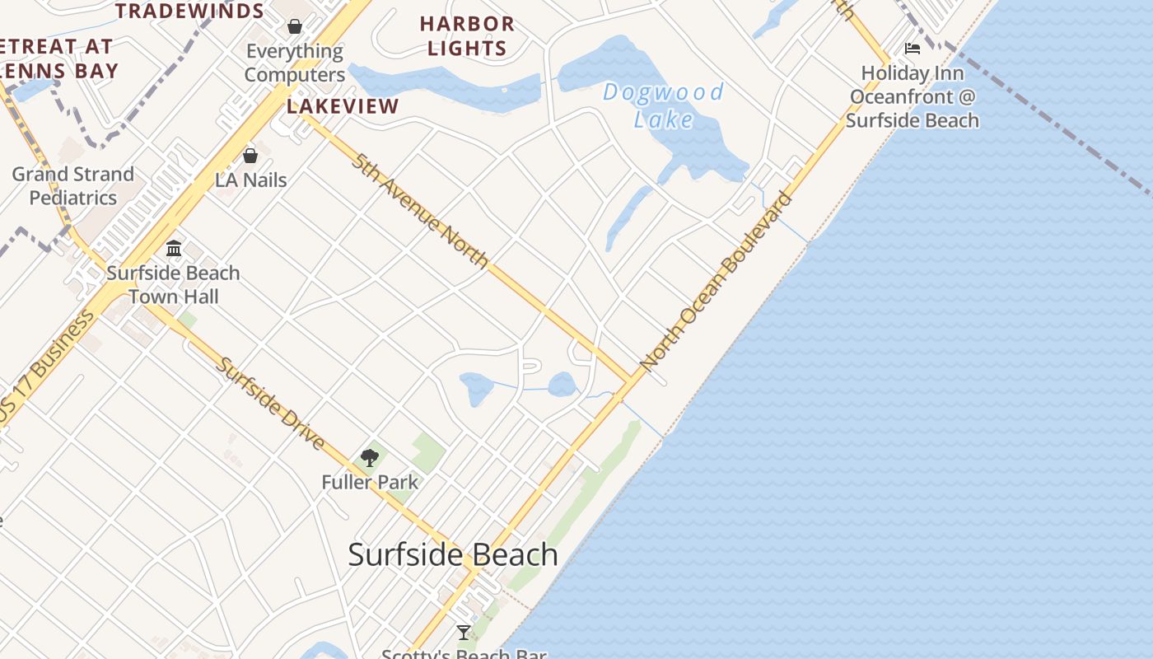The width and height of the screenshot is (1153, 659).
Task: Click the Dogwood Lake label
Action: click(x=664, y=105)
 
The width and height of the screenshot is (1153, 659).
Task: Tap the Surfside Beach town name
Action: click(x=453, y=554)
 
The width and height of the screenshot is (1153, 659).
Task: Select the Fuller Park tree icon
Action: click(x=370, y=458)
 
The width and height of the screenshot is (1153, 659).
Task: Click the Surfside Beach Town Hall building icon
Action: click(x=174, y=248)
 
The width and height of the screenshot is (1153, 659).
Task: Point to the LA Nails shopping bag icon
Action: click(x=250, y=156)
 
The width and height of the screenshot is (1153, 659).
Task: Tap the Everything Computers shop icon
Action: click(x=294, y=26)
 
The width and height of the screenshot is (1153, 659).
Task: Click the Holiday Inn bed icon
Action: click(x=912, y=49)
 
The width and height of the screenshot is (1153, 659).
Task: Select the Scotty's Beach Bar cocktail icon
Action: click(x=464, y=633)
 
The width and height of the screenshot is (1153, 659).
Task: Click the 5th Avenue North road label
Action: click(x=420, y=210)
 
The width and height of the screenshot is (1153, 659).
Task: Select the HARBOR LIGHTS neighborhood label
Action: click(x=467, y=36)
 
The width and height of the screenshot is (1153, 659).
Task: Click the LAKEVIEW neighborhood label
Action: click(x=343, y=106)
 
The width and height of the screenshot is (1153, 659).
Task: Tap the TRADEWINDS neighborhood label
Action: click(x=189, y=12)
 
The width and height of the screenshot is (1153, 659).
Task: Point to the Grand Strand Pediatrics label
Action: click(x=73, y=186)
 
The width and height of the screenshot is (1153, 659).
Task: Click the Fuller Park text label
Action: click(x=370, y=483)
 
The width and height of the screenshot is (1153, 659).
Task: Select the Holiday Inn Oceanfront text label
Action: click(x=913, y=96)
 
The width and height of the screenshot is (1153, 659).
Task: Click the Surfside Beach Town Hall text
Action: click(x=173, y=284)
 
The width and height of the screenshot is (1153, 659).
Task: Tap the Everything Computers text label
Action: click(x=295, y=63)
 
